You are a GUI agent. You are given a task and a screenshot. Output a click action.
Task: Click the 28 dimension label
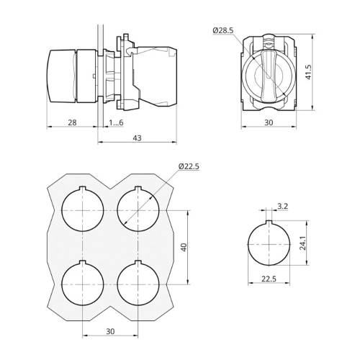(x=72, y=122)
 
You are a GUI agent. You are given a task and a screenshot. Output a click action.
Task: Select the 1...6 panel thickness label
(x=116, y=122)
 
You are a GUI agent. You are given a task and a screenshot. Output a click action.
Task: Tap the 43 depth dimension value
(x=137, y=138)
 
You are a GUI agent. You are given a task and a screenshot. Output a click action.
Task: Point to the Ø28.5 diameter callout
(x=223, y=30)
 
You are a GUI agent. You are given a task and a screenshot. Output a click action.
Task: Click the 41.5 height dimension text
(x=308, y=72)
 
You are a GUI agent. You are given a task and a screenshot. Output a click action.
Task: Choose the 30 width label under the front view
(x=269, y=122)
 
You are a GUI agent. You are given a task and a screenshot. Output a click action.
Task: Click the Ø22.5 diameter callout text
(x=189, y=166)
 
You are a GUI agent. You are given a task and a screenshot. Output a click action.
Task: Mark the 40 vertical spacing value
(x=184, y=247)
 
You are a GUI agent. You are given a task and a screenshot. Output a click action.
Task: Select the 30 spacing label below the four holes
(x=110, y=331)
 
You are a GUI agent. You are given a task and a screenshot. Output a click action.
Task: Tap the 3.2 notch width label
(x=282, y=206)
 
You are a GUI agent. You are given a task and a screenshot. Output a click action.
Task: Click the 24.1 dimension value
(x=303, y=243)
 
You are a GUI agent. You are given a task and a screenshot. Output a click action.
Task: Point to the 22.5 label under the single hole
(x=269, y=279)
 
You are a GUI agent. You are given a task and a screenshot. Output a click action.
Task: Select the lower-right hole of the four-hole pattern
(x=138, y=283)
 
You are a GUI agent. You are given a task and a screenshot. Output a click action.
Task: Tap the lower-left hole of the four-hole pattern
(x=83, y=283)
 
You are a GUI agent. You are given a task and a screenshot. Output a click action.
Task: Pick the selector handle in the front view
(x=268, y=76)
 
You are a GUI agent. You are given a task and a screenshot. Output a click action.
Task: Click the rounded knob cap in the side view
(x=60, y=76)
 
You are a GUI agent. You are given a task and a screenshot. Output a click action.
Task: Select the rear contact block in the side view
(x=155, y=76)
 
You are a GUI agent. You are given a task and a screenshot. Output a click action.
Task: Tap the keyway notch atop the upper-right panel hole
(x=138, y=188)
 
